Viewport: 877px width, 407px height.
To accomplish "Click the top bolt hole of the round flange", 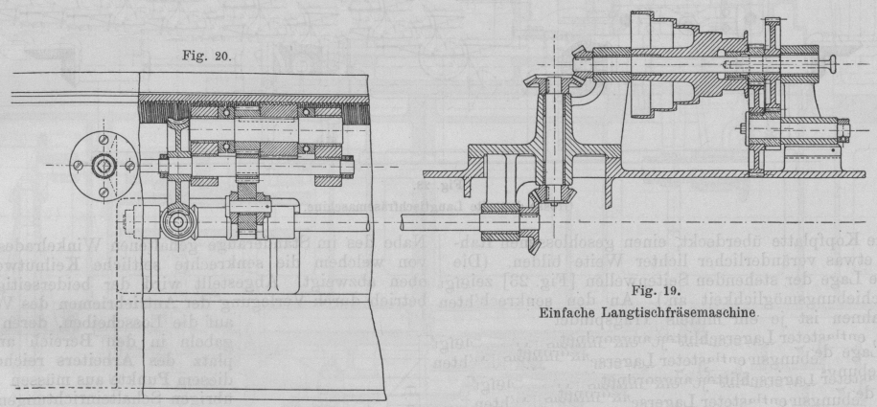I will point(102,139).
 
